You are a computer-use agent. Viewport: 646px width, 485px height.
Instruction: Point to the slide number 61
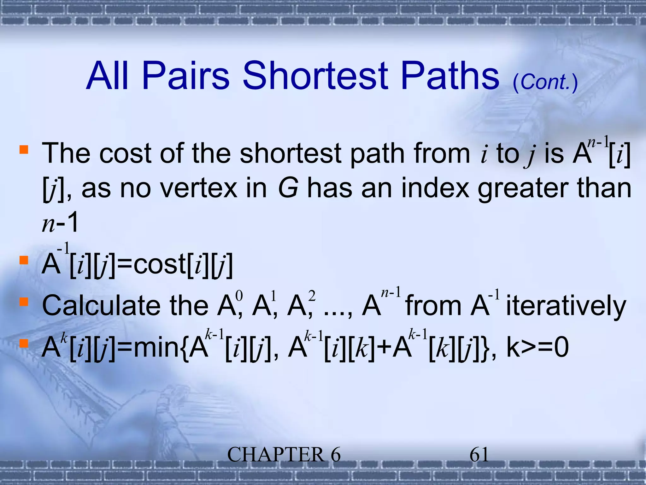click(x=479, y=455)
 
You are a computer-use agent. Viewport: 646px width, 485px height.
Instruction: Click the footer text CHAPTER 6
click(x=284, y=455)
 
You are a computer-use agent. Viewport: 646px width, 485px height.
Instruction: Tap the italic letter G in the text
click(x=288, y=188)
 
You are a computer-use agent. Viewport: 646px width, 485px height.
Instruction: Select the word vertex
click(x=198, y=188)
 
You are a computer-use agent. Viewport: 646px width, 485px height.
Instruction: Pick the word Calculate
click(x=101, y=306)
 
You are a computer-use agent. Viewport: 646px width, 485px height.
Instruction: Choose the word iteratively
click(x=566, y=306)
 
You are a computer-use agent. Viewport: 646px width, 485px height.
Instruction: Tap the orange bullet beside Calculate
click(x=24, y=302)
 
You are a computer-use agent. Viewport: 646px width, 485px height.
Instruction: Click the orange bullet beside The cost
click(x=24, y=149)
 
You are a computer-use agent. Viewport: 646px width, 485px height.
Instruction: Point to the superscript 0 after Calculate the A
click(x=239, y=296)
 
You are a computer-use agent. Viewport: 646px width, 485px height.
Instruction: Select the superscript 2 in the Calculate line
click(x=312, y=296)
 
